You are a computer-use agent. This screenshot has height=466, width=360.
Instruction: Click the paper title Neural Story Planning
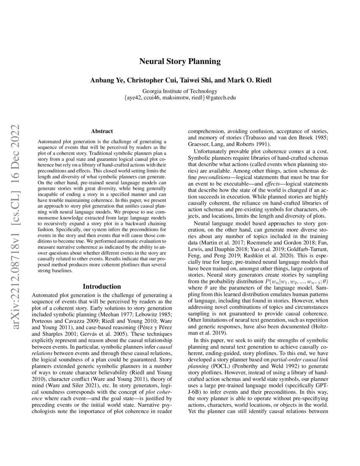[x=180, y=61]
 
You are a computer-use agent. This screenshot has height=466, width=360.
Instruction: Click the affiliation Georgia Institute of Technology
[x=180, y=91]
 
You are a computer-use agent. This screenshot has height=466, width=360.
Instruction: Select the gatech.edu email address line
[x=180, y=98]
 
